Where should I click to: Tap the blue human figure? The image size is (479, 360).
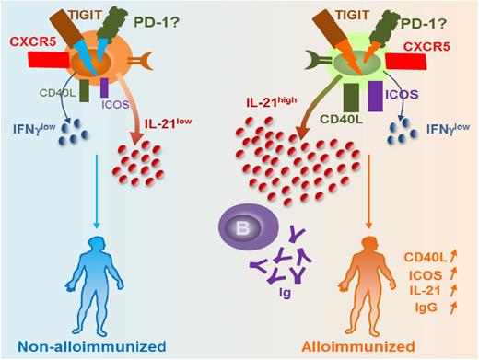(x=108, y=284)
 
